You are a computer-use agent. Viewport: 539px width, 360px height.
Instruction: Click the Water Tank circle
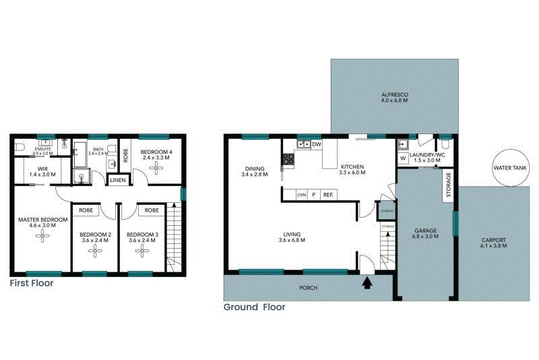510,168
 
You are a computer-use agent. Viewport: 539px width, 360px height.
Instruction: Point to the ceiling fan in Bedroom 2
95,251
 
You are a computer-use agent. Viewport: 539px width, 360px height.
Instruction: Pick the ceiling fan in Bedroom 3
142,251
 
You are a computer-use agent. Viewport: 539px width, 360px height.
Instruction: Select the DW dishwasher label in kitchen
317,144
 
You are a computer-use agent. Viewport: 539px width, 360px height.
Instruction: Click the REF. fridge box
329,195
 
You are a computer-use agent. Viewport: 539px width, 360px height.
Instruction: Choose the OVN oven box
301,195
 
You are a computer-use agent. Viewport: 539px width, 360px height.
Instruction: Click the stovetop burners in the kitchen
288,159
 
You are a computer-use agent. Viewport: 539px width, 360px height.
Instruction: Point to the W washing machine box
402,159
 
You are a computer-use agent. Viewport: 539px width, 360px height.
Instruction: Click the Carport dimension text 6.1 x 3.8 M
494,246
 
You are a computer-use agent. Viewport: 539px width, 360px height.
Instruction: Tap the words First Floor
31,284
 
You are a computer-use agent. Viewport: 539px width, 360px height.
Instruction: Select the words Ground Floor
254,307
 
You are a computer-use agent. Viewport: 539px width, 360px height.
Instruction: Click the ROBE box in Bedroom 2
86,210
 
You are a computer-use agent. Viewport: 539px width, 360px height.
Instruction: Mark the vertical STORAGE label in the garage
448,186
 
